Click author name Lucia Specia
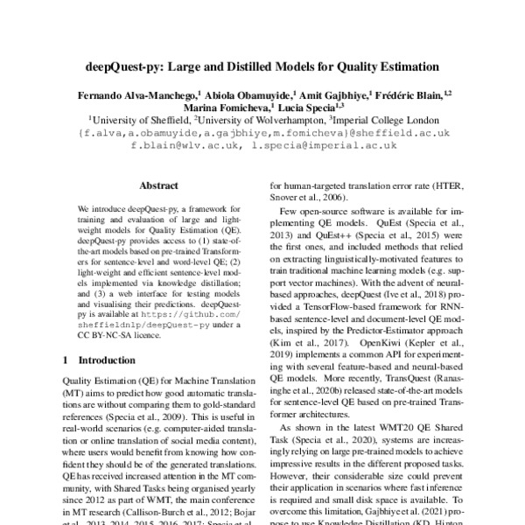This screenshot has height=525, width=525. point(306,107)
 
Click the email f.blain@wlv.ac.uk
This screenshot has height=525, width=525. point(186,148)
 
